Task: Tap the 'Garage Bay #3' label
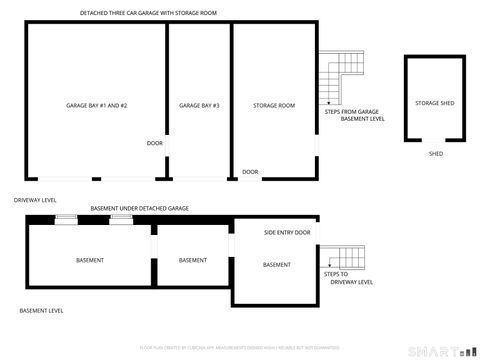point(199,105)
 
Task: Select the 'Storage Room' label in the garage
point(273,105)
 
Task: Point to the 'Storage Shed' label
point(435,103)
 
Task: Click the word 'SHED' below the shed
point(435,153)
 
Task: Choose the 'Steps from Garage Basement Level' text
point(352,115)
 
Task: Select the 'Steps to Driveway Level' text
point(347,278)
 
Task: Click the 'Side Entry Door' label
point(287,232)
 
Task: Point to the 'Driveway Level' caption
point(35,200)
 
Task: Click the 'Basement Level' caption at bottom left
point(42,311)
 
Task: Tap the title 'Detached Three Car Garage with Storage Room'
point(148,13)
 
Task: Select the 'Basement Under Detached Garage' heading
point(140,208)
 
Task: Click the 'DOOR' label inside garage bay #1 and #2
point(154,143)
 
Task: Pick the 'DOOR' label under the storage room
point(250,172)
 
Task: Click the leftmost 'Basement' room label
point(90,260)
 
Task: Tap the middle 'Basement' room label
point(193,260)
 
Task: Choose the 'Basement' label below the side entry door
point(277,264)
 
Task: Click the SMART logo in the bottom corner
point(440,349)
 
